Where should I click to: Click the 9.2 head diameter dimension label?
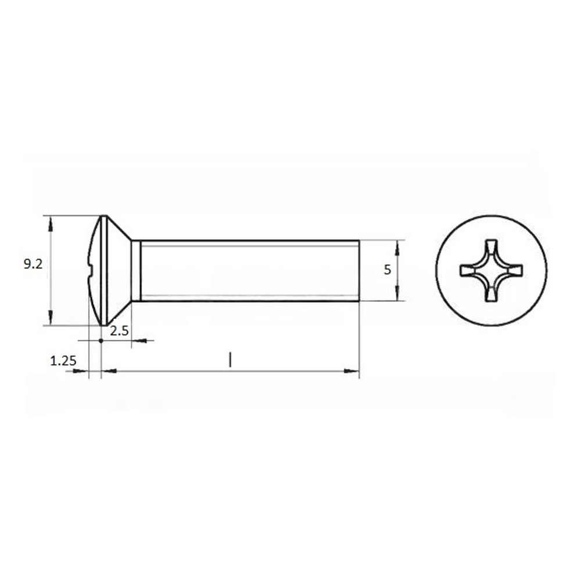(x=33, y=264)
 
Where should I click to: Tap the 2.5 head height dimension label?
(x=119, y=331)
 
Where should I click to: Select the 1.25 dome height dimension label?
(x=63, y=361)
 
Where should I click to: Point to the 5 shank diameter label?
(x=387, y=270)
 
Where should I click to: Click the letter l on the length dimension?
(x=230, y=360)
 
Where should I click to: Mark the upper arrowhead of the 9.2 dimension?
(x=51, y=224)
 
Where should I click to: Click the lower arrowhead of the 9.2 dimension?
(x=51, y=318)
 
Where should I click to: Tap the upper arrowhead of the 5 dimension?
(x=397, y=248)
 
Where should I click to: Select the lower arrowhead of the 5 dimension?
(x=397, y=293)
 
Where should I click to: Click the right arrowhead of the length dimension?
(x=352, y=371)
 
